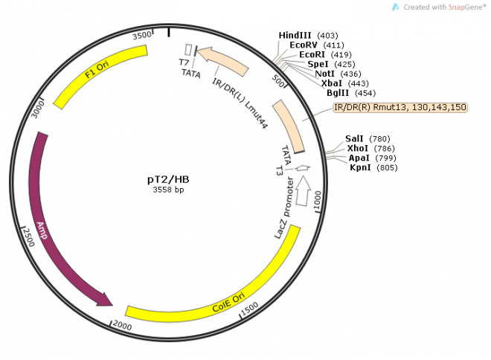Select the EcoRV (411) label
pyautogui.click(x=307, y=45)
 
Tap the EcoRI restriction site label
pyautogui.click(x=315, y=55)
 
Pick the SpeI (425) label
pyautogui.click(x=324, y=65)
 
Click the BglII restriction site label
pyautogui.click(x=345, y=94)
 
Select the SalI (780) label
pyautogui.click(x=368, y=139)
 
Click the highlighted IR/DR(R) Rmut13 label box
pyautogui.click(x=400, y=108)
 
